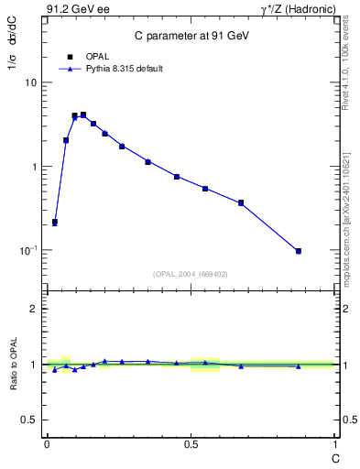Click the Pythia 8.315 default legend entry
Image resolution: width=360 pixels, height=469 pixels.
pos(110,69)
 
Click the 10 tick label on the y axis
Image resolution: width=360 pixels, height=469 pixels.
pos(30,82)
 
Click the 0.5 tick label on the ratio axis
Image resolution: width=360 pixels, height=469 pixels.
pos(29,420)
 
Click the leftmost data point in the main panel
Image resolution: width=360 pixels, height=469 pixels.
pos(55,222)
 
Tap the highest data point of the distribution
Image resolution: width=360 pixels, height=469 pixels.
pos(83,115)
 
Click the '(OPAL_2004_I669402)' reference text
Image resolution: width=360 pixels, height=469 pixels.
pos(190,273)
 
